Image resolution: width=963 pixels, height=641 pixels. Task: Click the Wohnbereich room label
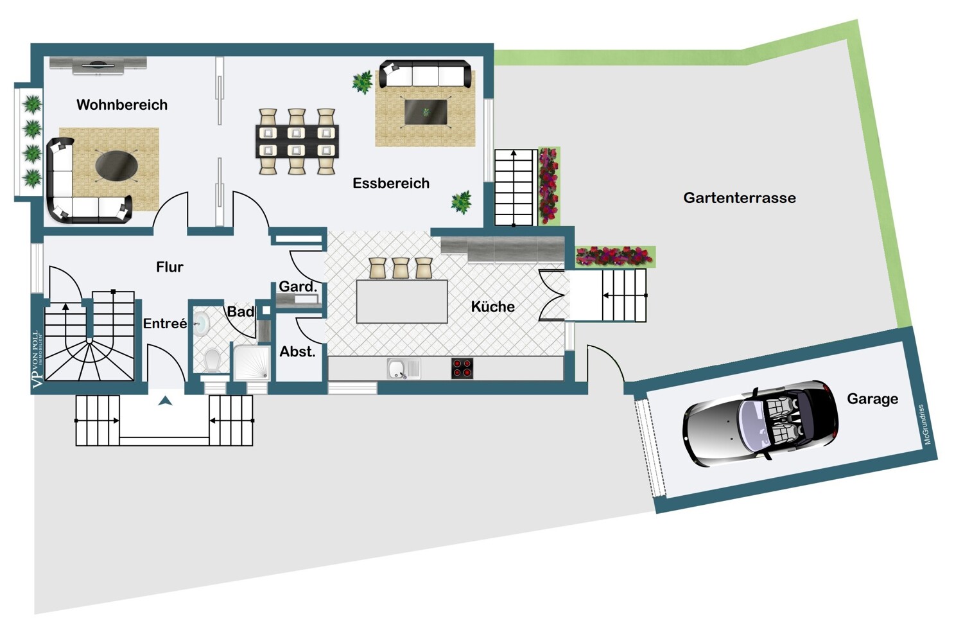pyautogui.click(x=122, y=105)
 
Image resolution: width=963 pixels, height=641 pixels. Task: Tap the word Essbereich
pyautogui.click(x=391, y=184)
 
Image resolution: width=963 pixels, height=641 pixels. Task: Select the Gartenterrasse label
pyautogui.click(x=740, y=198)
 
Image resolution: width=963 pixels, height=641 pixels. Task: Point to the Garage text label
pyautogui.click(x=872, y=400)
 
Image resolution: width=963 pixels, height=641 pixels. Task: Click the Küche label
pyautogui.click(x=492, y=307)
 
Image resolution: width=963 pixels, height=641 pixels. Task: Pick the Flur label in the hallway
pyautogui.click(x=169, y=267)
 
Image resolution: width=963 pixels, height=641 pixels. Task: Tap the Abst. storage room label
pyautogui.click(x=297, y=352)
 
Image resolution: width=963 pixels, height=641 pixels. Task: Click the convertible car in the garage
pyautogui.click(x=760, y=423)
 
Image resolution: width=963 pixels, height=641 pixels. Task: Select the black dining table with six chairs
pyautogui.click(x=297, y=141)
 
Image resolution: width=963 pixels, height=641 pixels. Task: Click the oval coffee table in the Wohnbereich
pyautogui.click(x=116, y=164)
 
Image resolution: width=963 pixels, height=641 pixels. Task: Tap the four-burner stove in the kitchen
pyautogui.click(x=462, y=368)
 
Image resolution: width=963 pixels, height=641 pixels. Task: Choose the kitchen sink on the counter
pyautogui.click(x=403, y=369)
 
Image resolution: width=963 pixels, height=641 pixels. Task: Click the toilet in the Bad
pyautogui.click(x=211, y=360)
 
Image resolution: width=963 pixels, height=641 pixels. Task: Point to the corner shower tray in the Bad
pyautogui.click(x=252, y=363)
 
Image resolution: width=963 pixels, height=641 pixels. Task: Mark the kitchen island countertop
pyautogui.click(x=402, y=301)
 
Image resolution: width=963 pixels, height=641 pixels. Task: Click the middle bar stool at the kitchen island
pyautogui.click(x=401, y=268)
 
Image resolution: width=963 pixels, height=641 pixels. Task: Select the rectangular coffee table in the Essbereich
pyautogui.click(x=426, y=112)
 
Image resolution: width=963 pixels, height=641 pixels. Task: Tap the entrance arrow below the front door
pyautogui.click(x=165, y=401)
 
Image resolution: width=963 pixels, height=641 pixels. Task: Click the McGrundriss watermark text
pyautogui.click(x=927, y=425)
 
